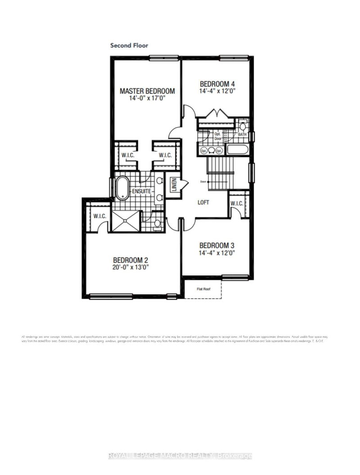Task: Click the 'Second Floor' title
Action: click(129, 45)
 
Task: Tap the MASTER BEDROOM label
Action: click(147, 91)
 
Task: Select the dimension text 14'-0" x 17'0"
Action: click(147, 98)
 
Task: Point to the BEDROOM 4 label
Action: click(217, 84)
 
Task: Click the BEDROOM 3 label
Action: click(217, 246)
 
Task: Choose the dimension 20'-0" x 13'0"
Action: click(130, 267)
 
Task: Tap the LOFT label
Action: click(204, 202)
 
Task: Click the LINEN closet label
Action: click(173, 184)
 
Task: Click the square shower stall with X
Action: click(126, 222)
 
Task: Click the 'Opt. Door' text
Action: click(218, 137)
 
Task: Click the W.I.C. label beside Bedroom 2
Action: click(100, 216)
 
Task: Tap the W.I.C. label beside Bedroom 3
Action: click(237, 204)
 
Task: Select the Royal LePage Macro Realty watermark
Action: click(180, 456)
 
